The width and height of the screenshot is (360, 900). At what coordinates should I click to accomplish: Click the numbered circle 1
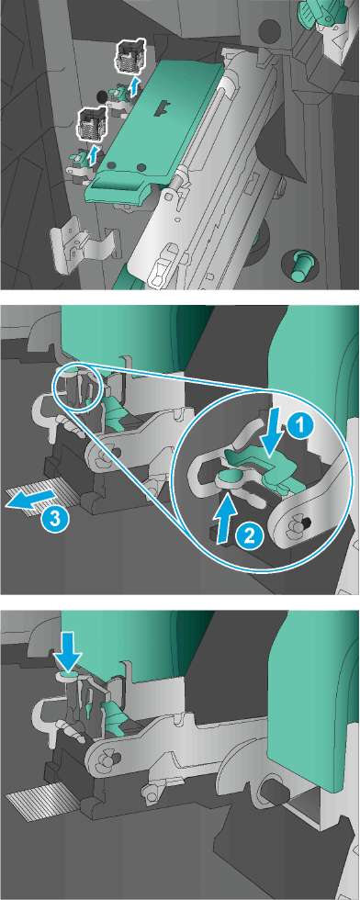(x=304, y=425)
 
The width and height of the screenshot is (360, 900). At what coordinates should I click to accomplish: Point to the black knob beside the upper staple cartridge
(x=101, y=94)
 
